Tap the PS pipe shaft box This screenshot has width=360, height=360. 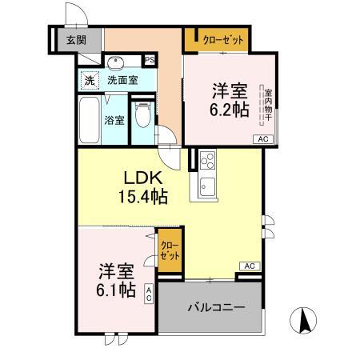(x=150, y=60)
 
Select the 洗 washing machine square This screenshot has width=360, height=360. (x=90, y=80)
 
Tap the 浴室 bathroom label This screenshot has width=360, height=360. (x=114, y=121)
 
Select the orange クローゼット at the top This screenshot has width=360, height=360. (x=214, y=39)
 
